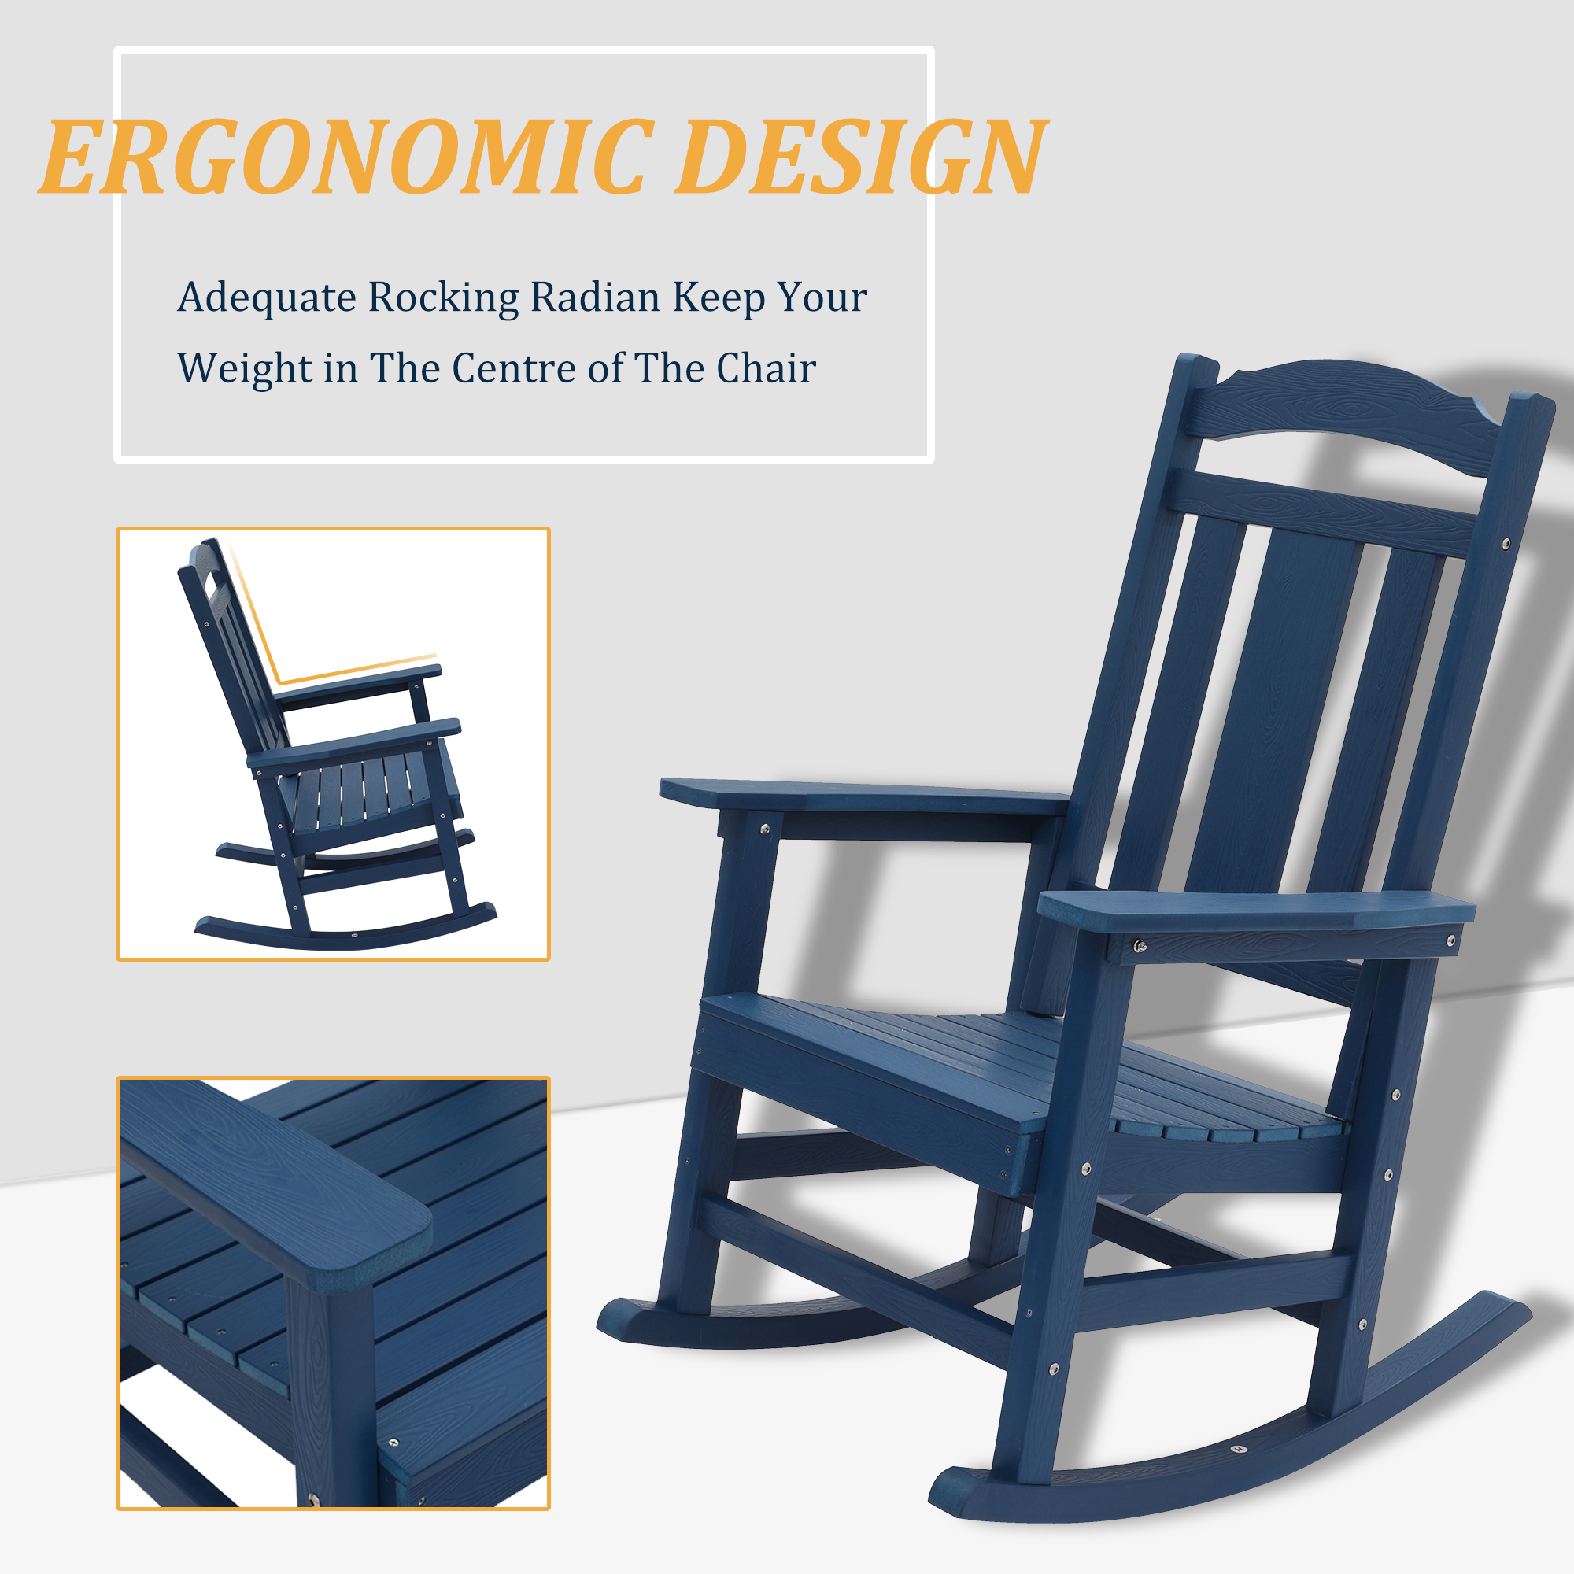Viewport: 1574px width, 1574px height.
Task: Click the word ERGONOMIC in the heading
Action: pyautogui.click(x=346, y=157)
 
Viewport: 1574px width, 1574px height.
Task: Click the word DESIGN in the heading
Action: pyautogui.click(x=859, y=157)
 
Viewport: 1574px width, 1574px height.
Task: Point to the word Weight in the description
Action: pyautogui.click(x=244, y=368)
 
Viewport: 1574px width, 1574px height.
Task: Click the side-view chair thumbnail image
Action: pyautogui.click(x=332, y=743)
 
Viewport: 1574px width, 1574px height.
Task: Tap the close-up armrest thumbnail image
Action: pyautogui.click(x=332, y=1293)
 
